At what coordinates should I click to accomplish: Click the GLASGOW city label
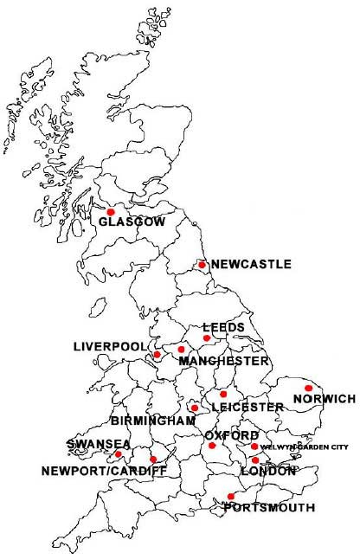click(x=132, y=222)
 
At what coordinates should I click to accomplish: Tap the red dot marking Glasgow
click(x=110, y=211)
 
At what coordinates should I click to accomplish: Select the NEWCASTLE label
click(x=251, y=264)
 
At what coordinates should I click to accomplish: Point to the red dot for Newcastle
click(x=202, y=265)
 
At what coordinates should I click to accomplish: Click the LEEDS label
click(x=222, y=327)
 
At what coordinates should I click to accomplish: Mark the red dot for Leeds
click(x=207, y=338)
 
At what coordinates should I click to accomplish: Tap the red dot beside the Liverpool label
click(x=157, y=355)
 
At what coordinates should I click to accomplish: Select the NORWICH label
click(x=325, y=399)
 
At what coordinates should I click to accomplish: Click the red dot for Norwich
click(x=309, y=388)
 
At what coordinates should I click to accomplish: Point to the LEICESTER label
click(x=247, y=407)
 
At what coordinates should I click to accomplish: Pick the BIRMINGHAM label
click(x=153, y=421)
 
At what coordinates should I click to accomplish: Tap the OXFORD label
click(x=231, y=434)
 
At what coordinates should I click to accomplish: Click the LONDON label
click(x=268, y=472)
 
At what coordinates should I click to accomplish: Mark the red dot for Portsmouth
click(x=230, y=496)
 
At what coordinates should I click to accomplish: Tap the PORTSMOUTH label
click(x=269, y=508)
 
